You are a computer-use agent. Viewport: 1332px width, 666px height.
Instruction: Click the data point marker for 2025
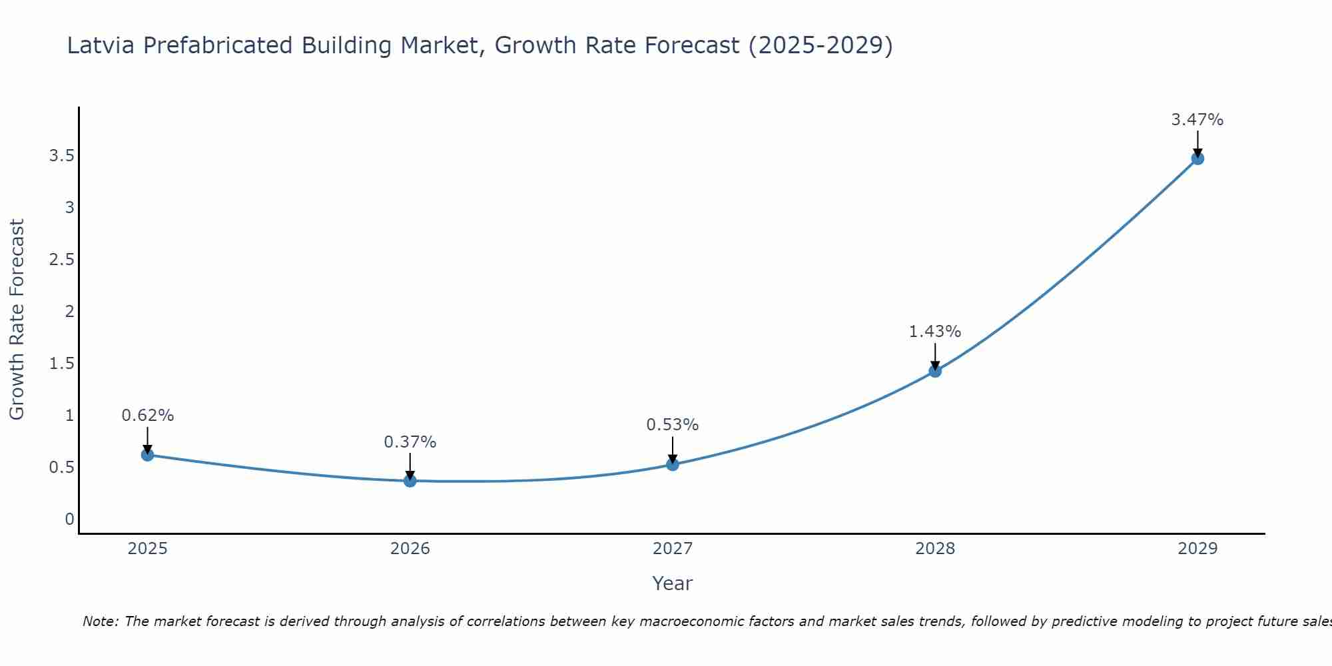tap(147, 455)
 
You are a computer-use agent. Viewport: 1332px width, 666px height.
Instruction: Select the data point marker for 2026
tap(410, 480)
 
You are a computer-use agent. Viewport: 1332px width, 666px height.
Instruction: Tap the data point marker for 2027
tap(672, 464)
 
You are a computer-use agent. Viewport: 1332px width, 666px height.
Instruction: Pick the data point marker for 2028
tap(934, 371)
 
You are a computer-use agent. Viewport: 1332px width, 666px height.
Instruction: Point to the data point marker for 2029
tap(1197, 159)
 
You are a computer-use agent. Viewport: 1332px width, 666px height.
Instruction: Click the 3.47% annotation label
tap(1197, 120)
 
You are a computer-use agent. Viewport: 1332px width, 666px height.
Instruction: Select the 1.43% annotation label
tap(934, 332)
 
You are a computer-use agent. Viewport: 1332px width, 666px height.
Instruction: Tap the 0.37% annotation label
tap(410, 442)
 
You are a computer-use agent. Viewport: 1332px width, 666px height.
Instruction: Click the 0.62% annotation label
tap(147, 416)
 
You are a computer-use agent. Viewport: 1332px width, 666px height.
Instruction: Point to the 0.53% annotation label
tap(672, 425)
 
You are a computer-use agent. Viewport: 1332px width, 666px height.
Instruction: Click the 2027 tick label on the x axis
tap(672, 549)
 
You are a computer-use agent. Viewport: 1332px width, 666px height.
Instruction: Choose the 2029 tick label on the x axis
tap(1197, 549)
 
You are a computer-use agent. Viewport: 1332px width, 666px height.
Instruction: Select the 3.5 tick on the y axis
tap(61, 156)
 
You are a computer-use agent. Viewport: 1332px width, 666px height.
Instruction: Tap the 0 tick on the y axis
tap(69, 519)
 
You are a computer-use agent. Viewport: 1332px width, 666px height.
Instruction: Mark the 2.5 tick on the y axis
tap(61, 260)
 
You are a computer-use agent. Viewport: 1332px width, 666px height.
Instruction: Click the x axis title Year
tap(672, 583)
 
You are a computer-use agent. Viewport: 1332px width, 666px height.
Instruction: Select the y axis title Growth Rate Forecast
tap(17, 320)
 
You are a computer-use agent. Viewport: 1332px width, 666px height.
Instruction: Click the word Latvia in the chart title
tap(101, 45)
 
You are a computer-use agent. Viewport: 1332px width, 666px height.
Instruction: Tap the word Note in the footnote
tap(100, 621)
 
